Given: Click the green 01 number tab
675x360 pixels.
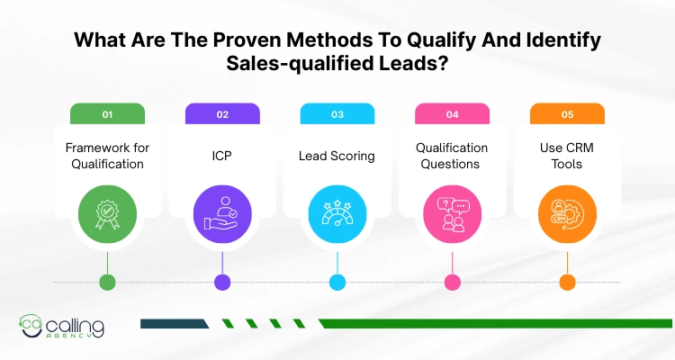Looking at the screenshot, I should [x=107, y=114].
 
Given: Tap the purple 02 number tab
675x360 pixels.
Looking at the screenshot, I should [x=222, y=114].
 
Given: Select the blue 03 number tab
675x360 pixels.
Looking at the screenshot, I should [x=337, y=114].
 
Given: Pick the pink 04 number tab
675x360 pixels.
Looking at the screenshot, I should [x=452, y=114].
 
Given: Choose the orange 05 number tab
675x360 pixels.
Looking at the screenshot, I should [x=566, y=114].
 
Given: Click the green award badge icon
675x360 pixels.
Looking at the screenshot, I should [x=107, y=215].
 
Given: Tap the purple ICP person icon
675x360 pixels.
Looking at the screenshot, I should [x=222, y=215].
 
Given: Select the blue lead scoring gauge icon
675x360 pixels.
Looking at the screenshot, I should [x=337, y=215].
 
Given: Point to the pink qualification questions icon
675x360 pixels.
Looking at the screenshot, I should [x=452, y=215].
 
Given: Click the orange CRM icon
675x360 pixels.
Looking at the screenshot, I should [x=566, y=215].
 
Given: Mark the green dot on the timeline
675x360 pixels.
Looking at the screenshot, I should [x=107, y=282].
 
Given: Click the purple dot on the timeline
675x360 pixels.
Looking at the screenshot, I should [x=222, y=282].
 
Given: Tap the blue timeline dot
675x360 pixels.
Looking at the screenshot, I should [x=337, y=282].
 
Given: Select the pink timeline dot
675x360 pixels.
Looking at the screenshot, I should [x=452, y=282].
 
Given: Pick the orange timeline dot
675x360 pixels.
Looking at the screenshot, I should [x=566, y=282].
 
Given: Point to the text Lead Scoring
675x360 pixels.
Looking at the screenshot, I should [x=337, y=156].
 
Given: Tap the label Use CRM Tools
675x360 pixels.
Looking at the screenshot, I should [x=566, y=156].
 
